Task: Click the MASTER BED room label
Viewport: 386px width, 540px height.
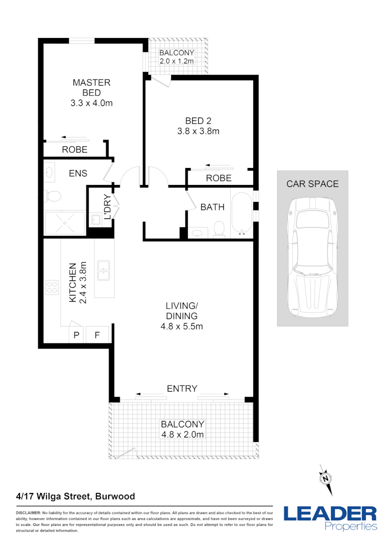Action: pos(91,88)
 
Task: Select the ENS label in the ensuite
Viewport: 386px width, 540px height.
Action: pos(78,173)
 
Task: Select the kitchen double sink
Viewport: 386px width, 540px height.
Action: pos(104,270)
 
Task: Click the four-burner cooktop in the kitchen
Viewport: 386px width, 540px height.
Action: pos(52,287)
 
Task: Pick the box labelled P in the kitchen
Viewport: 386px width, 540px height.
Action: pos(77,335)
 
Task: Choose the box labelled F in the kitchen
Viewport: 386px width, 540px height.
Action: pos(98,335)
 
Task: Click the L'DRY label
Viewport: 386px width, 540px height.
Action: pos(106,207)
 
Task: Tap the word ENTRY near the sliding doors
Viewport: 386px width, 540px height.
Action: pos(182,388)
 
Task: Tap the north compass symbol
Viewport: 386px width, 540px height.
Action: pos(326,478)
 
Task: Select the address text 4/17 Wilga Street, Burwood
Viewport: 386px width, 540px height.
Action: pos(76,496)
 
